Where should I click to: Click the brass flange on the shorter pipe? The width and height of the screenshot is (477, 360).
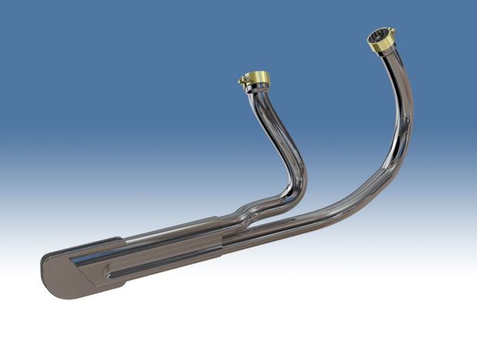tap(256, 78)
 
